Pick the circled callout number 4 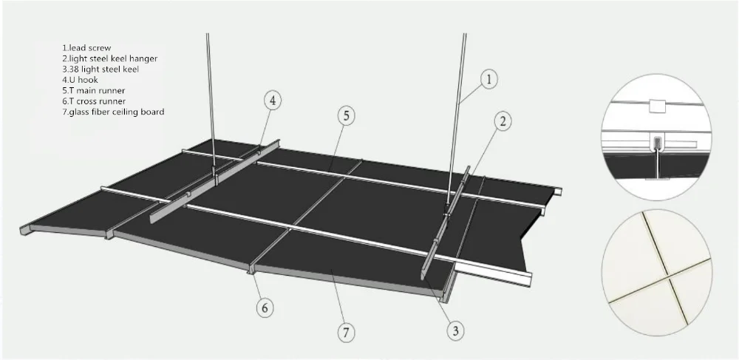tap(273, 100)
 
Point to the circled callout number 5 tap(347, 115)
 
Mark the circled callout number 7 tap(344, 332)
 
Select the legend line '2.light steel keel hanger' tap(109, 58)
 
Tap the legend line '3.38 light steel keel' tap(101, 69)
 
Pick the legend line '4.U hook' tap(81, 79)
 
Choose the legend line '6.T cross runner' tap(94, 101)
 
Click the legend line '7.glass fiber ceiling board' tap(113, 112)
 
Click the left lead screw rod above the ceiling tap(209, 96)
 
